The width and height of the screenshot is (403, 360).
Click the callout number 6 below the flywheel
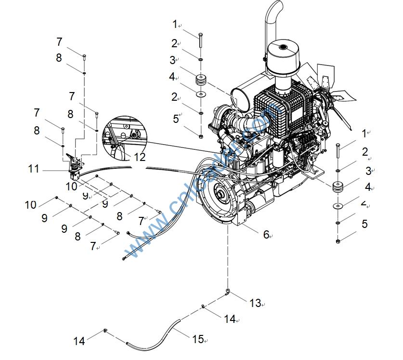pyautogui.click(x=266, y=235)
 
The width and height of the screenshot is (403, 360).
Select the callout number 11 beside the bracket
pyautogui.click(x=33, y=169)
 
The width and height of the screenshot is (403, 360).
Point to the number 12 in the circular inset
pyautogui.click(x=139, y=157)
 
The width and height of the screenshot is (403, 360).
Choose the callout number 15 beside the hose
pyautogui.click(x=198, y=339)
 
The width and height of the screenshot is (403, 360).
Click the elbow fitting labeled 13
pyautogui.click(x=227, y=292)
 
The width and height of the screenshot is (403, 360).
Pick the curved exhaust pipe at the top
pyautogui.click(x=274, y=19)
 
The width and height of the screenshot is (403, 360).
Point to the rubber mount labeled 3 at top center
pyautogui.click(x=200, y=80)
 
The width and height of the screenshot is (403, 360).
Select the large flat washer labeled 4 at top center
pyautogui.click(x=200, y=93)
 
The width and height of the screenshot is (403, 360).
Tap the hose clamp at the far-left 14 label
pyautogui.click(x=104, y=331)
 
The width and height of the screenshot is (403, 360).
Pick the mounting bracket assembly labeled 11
pyautogui.click(x=75, y=164)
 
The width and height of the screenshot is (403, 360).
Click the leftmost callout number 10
pyautogui.click(x=30, y=204)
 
